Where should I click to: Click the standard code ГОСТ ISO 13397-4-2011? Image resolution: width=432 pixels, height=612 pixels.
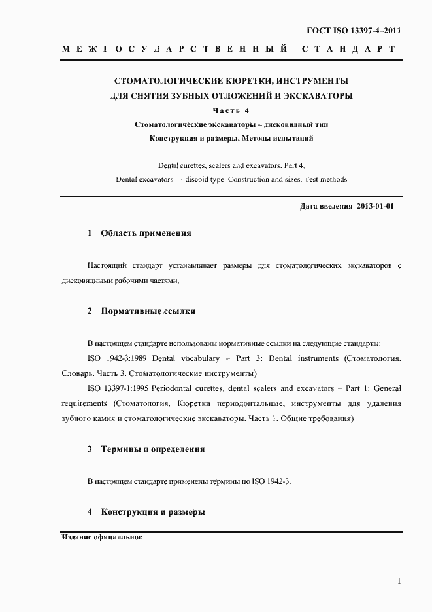coord(354,31)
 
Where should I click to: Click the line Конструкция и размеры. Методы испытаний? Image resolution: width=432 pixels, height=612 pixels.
coord(231,138)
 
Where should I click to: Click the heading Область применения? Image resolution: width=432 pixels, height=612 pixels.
coord(146,233)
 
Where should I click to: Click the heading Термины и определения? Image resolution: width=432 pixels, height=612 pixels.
coord(152,449)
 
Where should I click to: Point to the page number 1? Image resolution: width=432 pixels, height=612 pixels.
coord(399,581)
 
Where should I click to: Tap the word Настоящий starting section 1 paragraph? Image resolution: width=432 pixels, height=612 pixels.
coord(108,265)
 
